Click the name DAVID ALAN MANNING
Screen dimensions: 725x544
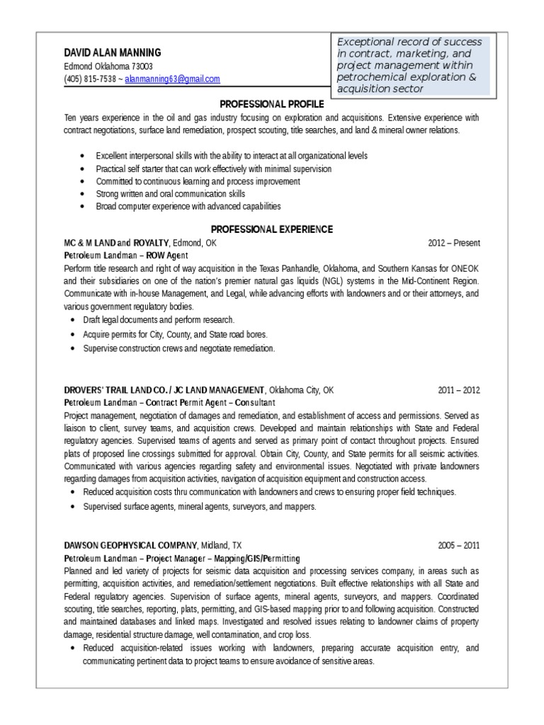pos(113,52)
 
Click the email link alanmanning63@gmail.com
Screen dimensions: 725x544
pos(172,79)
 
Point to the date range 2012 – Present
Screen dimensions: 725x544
pos(454,243)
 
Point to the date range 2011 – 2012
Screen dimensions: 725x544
pos(459,389)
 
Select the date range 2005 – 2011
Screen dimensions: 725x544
pos(459,546)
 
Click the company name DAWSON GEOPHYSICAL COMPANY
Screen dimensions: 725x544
pos(130,546)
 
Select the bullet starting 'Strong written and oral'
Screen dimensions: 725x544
pos(170,193)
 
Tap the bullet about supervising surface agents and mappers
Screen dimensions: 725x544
pos(199,506)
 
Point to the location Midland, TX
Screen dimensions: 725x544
pos(221,546)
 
